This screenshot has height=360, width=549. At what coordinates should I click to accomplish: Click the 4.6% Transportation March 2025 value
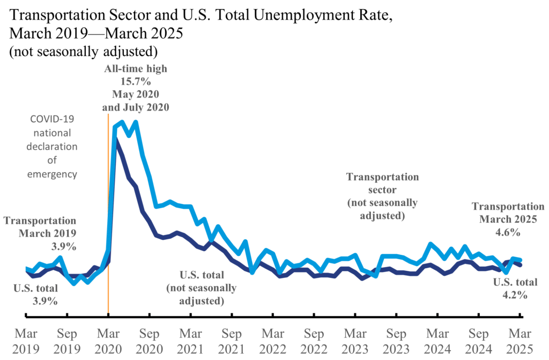508,232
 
